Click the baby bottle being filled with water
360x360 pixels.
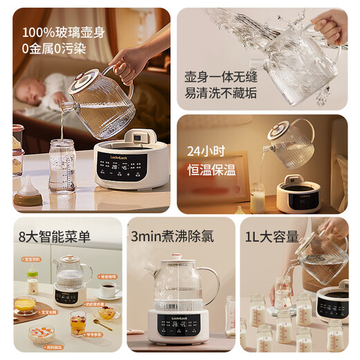pos(62,166)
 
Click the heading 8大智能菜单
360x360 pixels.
pos(55,237)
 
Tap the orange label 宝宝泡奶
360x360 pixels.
pos(33,260)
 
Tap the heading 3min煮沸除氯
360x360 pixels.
pos(172,236)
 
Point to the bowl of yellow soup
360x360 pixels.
pos(25,305)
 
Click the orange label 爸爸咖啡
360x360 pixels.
pos(107,276)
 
